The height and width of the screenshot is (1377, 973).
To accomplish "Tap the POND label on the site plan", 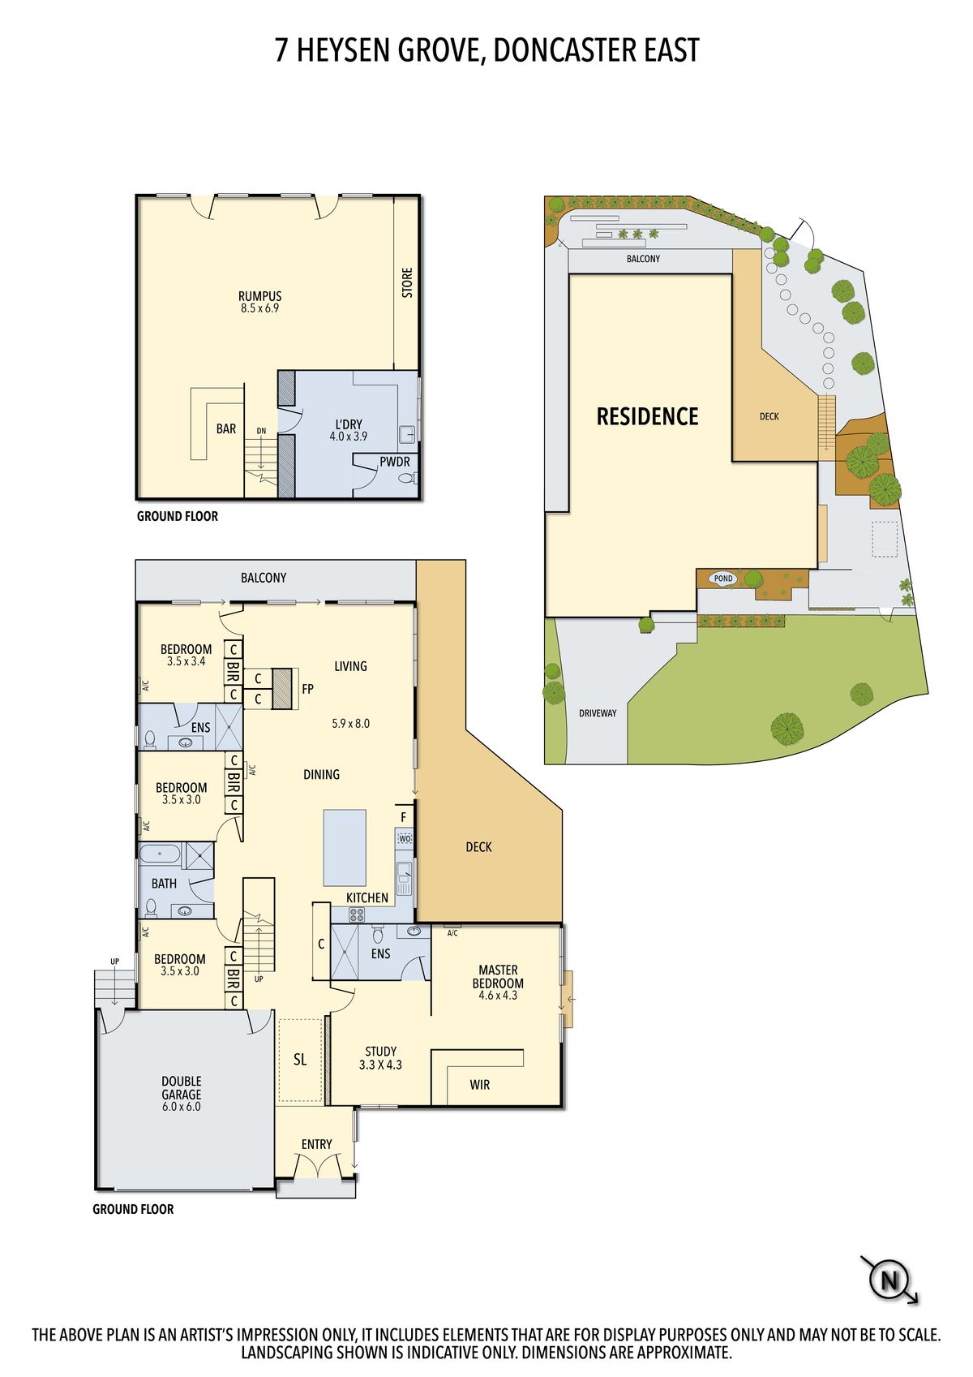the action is click(723, 579).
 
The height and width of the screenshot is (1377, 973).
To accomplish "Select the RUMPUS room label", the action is click(259, 296).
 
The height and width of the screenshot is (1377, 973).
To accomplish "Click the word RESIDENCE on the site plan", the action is click(647, 416).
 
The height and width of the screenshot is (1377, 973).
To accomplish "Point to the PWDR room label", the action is click(394, 461).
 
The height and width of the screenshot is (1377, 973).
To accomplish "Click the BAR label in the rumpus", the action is click(226, 429).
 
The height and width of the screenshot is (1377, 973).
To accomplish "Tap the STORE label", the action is click(407, 282).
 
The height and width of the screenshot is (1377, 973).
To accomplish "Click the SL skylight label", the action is click(300, 1059).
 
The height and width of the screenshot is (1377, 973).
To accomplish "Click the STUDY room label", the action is click(380, 1051).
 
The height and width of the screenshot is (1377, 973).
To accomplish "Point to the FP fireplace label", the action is click(308, 689).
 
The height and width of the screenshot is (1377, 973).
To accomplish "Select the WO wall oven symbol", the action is click(405, 838).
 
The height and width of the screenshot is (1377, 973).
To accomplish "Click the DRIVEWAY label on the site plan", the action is click(598, 713).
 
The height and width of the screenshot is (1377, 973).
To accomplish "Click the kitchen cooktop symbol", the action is click(357, 914).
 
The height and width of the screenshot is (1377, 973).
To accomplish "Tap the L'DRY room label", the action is click(349, 424).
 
